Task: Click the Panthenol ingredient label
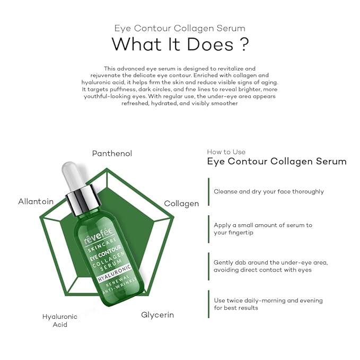click(x=112, y=154)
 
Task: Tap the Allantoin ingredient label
click(x=36, y=201)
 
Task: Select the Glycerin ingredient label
click(x=157, y=315)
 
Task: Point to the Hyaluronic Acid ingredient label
click(x=60, y=320)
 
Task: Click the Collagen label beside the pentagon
click(x=181, y=204)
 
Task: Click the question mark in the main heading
click(x=243, y=45)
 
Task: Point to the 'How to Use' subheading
click(x=226, y=152)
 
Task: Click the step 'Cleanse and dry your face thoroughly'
click(x=269, y=191)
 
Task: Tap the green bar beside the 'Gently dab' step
click(x=208, y=266)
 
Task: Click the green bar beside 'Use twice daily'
click(x=208, y=304)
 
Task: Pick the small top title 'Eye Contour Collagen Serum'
click(x=180, y=28)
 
